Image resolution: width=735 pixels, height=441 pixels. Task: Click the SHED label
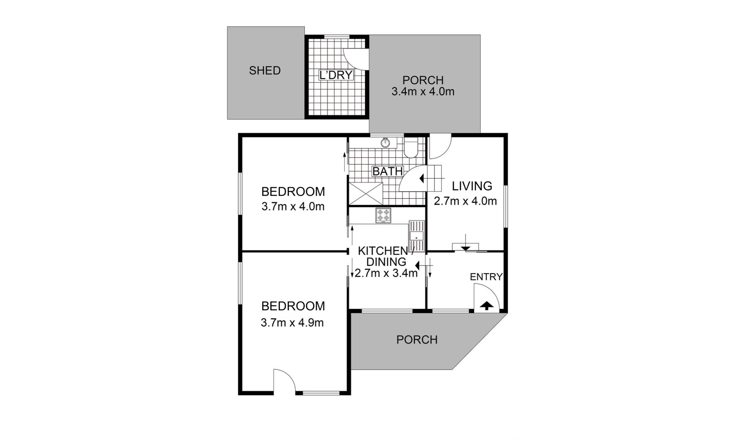pyautogui.click(x=265, y=71)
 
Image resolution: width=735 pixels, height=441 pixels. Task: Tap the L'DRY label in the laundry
pyautogui.click(x=336, y=75)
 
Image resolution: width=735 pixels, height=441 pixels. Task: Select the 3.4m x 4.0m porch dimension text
pyautogui.click(x=423, y=92)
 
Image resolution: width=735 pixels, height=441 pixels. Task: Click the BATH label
pyautogui.click(x=387, y=171)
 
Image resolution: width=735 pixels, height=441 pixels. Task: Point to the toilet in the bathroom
pyautogui.click(x=411, y=148)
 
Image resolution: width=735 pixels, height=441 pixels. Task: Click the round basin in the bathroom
pyautogui.click(x=385, y=143)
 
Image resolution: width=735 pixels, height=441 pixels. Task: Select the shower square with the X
pyautogui.click(x=366, y=194)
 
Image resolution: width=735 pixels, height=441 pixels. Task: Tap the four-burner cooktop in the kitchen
pyautogui.click(x=383, y=215)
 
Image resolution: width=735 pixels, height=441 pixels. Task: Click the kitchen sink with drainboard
pyautogui.click(x=416, y=236)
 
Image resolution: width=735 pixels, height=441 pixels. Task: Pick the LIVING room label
pyautogui.click(x=472, y=186)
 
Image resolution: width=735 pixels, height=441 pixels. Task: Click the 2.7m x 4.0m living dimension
pyautogui.click(x=465, y=201)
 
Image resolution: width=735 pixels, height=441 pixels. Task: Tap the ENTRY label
pyautogui.click(x=486, y=277)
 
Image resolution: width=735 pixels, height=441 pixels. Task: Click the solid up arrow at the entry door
pyautogui.click(x=486, y=306)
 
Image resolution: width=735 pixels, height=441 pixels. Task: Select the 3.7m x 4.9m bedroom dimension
pyautogui.click(x=292, y=323)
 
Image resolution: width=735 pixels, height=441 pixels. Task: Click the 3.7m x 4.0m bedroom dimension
pyautogui.click(x=293, y=207)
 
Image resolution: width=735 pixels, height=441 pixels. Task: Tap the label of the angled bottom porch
pyautogui.click(x=417, y=340)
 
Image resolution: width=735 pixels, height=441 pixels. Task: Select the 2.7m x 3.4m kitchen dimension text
pyautogui.click(x=386, y=273)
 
